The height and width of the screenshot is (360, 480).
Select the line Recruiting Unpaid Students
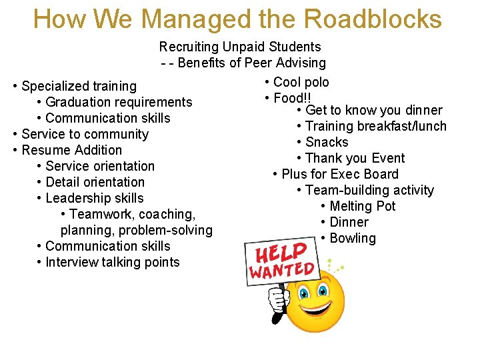click(240, 47)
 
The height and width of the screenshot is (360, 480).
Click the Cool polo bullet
click(301, 83)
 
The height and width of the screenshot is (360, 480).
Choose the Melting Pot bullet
click(363, 206)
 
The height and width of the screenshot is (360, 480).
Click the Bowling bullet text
click(353, 238)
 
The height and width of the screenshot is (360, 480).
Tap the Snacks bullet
click(327, 142)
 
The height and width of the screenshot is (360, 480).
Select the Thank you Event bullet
click(355, 158)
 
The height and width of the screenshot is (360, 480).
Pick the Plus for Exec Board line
click(340, 174)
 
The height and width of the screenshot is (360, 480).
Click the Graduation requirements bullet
click(119, 102)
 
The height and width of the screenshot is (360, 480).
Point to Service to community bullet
click(85, 134)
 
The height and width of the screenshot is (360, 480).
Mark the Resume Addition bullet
click(72, 150)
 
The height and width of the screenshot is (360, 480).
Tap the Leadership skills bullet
click(95, 198)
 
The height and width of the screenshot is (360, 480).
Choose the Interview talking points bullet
click(113, 262)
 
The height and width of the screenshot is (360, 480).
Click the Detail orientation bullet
click(95, 182)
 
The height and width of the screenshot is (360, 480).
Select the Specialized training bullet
click(79, 86)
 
